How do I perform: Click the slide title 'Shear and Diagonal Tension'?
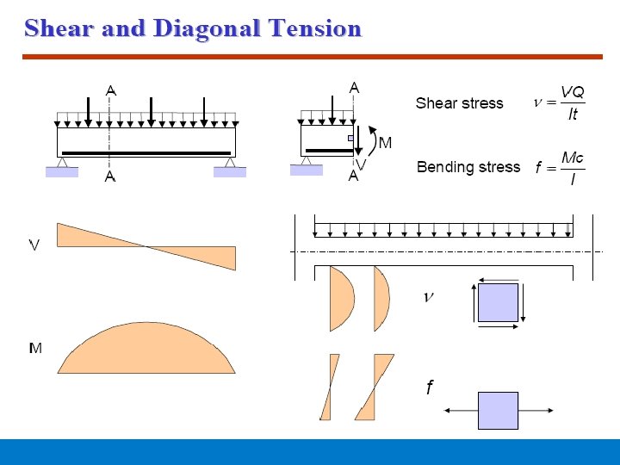[x=193, y=28]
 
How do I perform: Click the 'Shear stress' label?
[x=459, y=103]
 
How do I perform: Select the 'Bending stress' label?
[x=468, y=167]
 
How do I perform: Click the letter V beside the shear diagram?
[x=34, y=245]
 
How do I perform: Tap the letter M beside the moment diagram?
[x=35, y=348]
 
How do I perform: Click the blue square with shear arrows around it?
[x=498, y=303]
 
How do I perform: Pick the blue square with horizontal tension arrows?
[x=498, y=411]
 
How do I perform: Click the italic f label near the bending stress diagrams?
[x=429, y=388]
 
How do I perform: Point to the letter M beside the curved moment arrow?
[x=385, y=142]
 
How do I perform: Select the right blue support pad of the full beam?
[x=230, y=172]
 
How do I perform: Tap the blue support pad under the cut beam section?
[x=306, y=170]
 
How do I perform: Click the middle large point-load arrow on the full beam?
[x=151, y=110]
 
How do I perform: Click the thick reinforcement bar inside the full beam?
[x=146, y=153]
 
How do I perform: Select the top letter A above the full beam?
[x=110, y=90]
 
